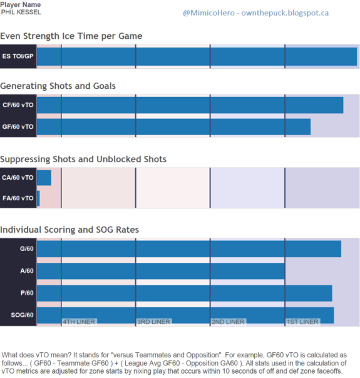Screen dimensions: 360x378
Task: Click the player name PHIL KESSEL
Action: (x=21, y=12)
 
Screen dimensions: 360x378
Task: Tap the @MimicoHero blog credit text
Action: (x=255, y=13)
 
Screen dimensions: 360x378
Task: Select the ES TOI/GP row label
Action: (x=18, y=56)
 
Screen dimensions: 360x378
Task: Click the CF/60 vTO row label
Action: (x=18, y=105)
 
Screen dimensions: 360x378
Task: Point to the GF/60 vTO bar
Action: (x=173, y=127)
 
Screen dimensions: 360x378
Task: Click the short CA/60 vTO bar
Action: (x=44, y=178)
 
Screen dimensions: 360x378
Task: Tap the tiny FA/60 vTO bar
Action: (x=38, y=198)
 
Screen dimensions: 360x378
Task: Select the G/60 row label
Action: (x=27, y=248)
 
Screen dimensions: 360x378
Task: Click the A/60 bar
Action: (x=161, y=271)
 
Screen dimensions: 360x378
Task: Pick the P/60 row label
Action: (x=27, y=293)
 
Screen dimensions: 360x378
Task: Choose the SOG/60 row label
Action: (x=22, y=315)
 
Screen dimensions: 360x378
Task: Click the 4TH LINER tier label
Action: (x=79, y=322)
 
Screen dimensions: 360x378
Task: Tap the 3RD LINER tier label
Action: (x=153, y=322)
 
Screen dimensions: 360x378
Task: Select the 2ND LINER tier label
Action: (x=228, y=322)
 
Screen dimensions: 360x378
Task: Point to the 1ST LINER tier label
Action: (x=302, y=322)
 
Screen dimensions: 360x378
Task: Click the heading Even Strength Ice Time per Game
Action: (x=71, y=36)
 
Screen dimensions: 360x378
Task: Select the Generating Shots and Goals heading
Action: (x=58, y=86)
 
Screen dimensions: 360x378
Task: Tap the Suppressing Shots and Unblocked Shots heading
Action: (x=83, y=160)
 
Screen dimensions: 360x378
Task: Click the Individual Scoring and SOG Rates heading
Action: (x=69, y=230)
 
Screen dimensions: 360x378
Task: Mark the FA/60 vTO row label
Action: (x=18, y=198)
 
